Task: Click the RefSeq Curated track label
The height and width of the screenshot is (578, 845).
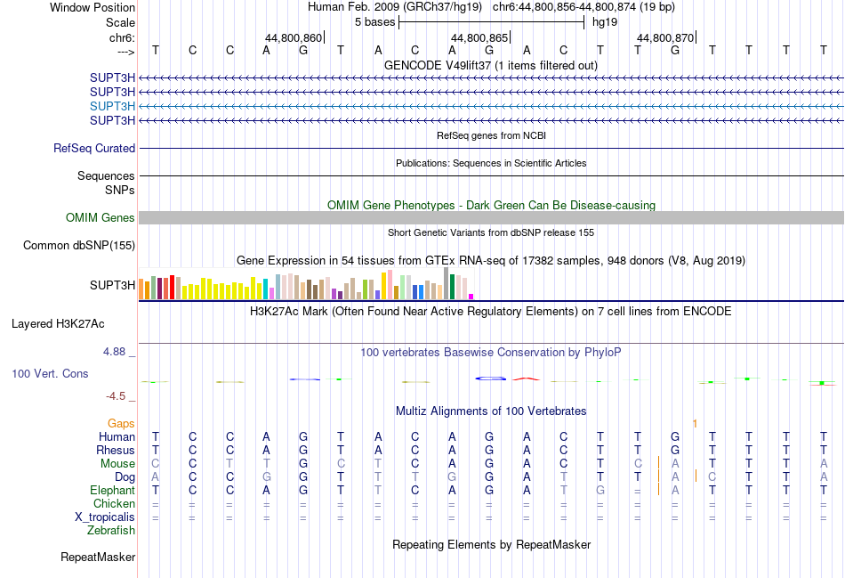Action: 94,149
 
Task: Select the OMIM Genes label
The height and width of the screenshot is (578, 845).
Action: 101,218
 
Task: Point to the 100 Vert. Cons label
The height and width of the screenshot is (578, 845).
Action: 50,374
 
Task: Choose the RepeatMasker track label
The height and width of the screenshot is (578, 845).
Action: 98,558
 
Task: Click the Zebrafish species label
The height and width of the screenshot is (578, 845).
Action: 111,531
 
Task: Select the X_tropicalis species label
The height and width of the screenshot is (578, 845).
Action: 105,517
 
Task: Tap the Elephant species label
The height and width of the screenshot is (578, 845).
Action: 112,491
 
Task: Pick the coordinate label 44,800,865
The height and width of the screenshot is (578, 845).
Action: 479,38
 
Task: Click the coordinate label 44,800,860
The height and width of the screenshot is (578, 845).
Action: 294,38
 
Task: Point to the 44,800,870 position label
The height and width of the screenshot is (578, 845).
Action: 665,38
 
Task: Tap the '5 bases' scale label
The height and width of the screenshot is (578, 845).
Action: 374,21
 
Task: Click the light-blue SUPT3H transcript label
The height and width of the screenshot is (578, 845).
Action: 112,106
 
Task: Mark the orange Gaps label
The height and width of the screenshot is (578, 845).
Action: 122,423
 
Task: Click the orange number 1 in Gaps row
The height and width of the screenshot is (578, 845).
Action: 695,423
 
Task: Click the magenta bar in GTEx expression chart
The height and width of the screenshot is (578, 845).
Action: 471,296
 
